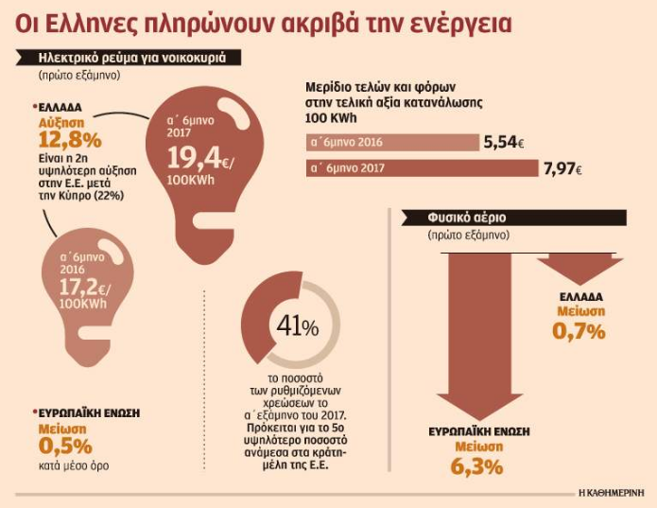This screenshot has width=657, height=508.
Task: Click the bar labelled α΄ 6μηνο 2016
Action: (392, 143)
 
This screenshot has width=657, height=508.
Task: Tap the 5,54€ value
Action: (502, 143)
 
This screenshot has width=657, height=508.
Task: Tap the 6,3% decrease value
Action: (477, 466)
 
